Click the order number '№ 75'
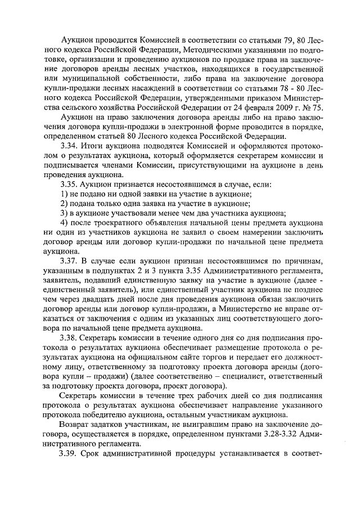tap(311, 107)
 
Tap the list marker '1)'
tap(64, 193)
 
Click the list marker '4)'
tap(64, 223)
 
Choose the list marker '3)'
tap(64, 213)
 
